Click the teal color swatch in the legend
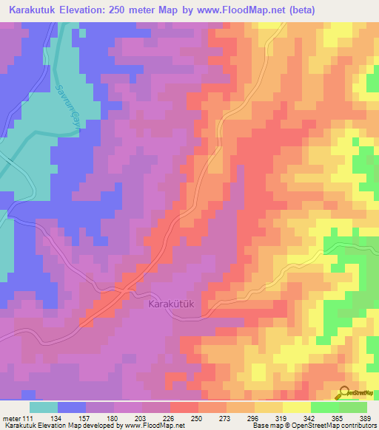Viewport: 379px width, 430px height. [x=44, y=406]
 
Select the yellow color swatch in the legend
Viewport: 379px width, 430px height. [x=296, y=406]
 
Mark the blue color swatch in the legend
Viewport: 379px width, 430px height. [x=72, y=406]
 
